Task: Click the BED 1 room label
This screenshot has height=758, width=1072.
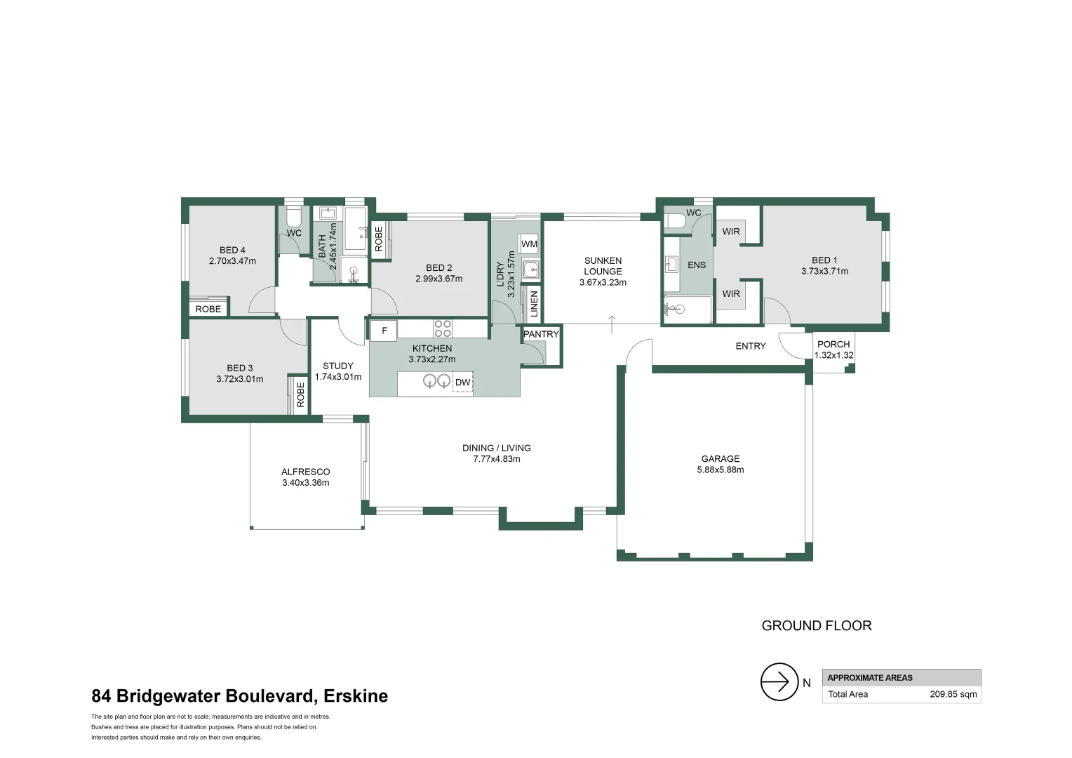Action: point(824,260)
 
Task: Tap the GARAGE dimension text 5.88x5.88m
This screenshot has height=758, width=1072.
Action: point(720,470)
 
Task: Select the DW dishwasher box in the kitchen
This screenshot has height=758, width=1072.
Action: point(462,383)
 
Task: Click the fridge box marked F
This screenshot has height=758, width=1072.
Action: point(384,331)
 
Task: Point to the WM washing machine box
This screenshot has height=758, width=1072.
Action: point(529,244)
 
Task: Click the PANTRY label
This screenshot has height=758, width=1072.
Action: point(541,334)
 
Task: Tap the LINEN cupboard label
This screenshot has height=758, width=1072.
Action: point(534,303)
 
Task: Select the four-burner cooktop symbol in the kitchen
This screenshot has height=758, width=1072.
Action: point(443,328)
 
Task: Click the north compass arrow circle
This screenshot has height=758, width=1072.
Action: point(779,681)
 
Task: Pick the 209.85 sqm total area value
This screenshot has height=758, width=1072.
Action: point(953,694)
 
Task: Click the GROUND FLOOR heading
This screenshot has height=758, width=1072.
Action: point(816,625)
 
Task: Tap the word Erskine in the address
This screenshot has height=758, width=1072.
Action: point(356,696)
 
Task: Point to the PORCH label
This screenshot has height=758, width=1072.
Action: point(833,344)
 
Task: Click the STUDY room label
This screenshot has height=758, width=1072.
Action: point(337,366)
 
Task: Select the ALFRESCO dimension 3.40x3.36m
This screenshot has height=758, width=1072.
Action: point(305,483)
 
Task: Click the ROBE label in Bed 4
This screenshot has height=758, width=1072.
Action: point(208,309)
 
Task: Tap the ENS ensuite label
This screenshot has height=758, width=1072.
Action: point(696,265)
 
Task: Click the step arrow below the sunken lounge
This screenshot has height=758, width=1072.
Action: point(612,324)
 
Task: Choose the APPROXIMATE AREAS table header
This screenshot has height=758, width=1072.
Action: point(869,678)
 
